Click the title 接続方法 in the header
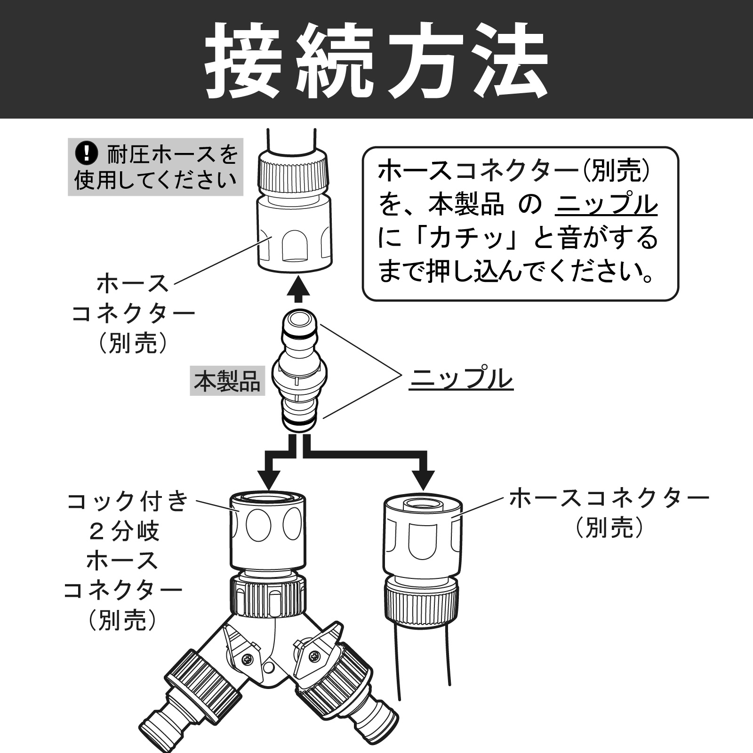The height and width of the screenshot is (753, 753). click(376, 60)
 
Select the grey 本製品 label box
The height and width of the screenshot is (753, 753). click(227, 382)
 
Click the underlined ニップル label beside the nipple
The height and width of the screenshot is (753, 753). click(461, 379)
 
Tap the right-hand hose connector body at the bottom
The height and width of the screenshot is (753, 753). click(422, 537)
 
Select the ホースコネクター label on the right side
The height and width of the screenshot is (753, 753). click(609, 498)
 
